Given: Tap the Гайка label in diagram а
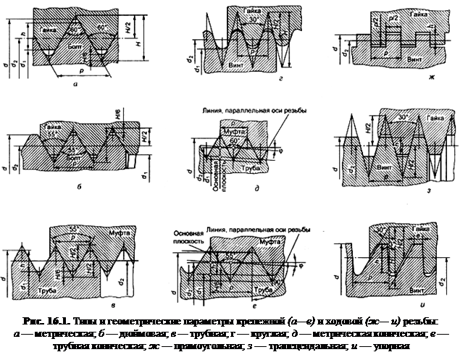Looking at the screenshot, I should [x=49, y=31].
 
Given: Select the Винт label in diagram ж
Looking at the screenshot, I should [x=415, y=56].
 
